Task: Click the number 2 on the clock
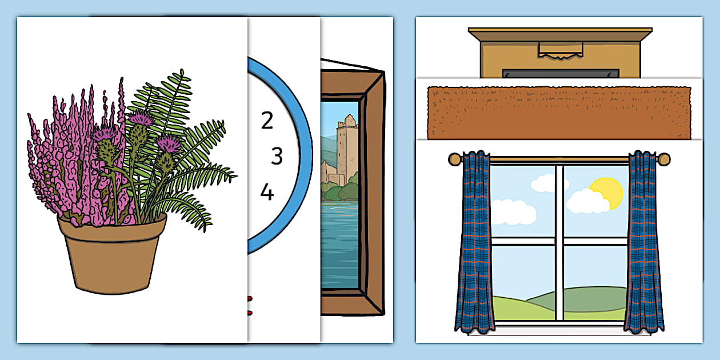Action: [x=267, y=121]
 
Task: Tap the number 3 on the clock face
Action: [x=277, y=156]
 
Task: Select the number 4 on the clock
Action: [x=267, y=193]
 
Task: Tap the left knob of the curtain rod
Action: [x=454, y=159]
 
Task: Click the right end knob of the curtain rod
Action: [x=663, y=159]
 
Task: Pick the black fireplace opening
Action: [x=560, y=73]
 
